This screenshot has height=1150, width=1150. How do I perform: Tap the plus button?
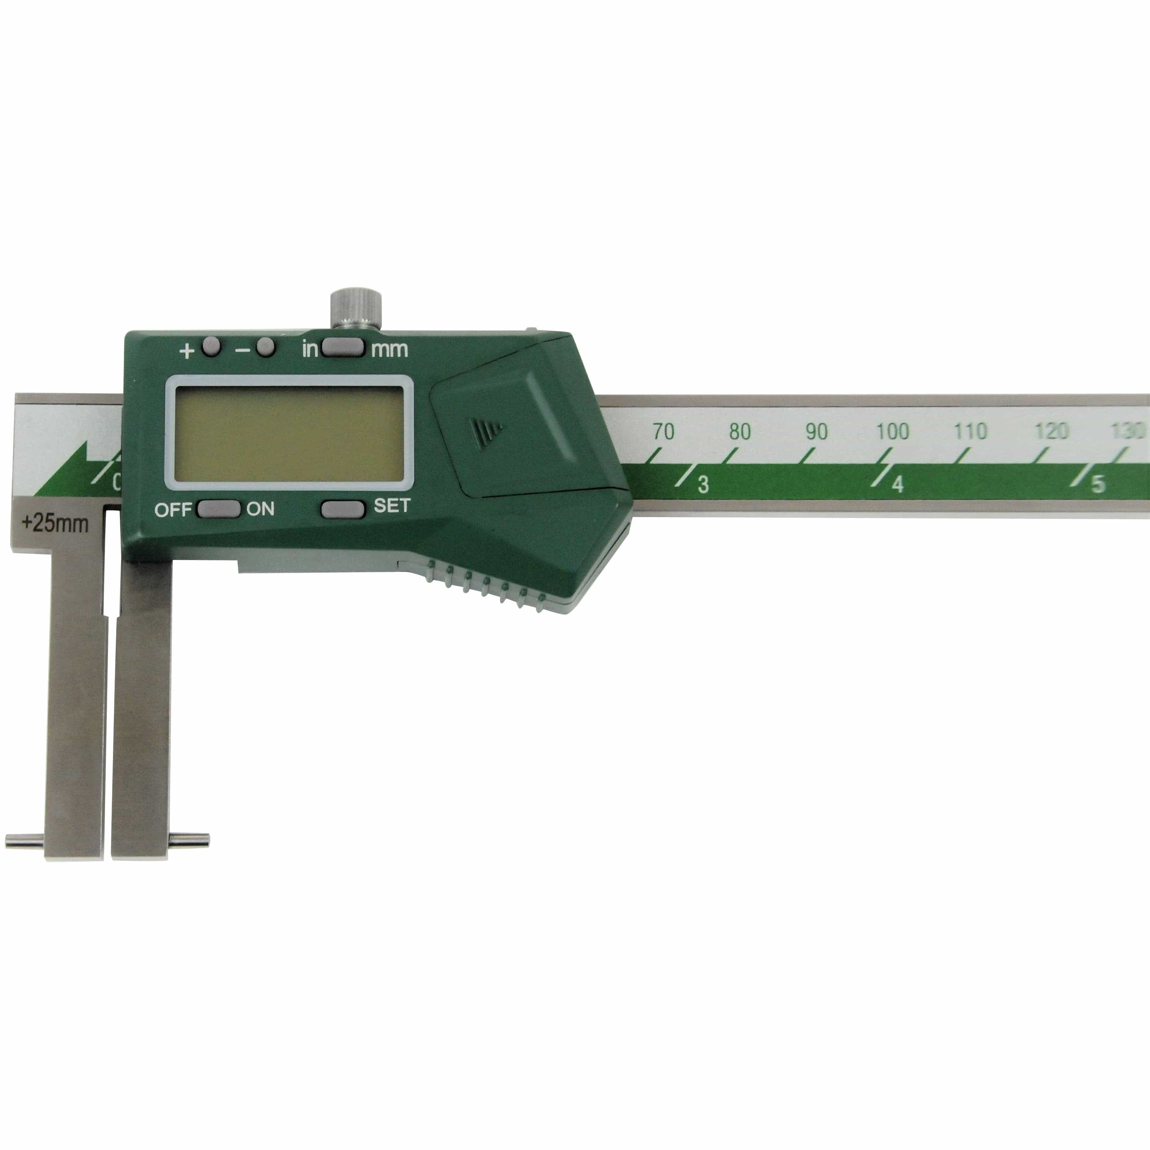[x=211, y=347]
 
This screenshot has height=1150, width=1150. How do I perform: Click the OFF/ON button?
[x=218, y=509]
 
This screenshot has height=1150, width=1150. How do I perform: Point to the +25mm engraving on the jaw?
[x=55, y=524]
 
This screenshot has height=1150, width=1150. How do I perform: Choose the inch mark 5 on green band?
[x=1097, y=484]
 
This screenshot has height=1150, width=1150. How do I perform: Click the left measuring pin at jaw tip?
[x=24, y=841]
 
